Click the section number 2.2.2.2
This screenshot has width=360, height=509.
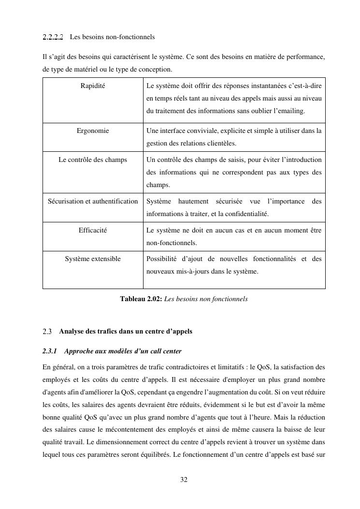tap(53, 37)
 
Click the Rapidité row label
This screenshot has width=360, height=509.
tap(93, 86)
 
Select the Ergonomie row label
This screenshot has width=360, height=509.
tap(93, 131)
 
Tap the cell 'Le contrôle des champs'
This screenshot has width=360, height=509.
tap(93, 160)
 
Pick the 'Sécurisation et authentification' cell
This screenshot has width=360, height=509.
tap(93, 201)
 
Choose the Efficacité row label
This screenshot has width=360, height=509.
tap(93, 230)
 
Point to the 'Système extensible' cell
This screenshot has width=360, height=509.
tap(93, 259)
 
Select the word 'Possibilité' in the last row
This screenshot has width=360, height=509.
tap(163, 259)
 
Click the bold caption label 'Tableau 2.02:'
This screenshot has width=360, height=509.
tap(141, 299)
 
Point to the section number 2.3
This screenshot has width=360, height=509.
tap(47, 332)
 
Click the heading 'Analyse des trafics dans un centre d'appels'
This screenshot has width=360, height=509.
tap(126, 332)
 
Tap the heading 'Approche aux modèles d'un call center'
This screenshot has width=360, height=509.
tap(123, 351)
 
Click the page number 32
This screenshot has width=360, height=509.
tap(184, 480)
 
